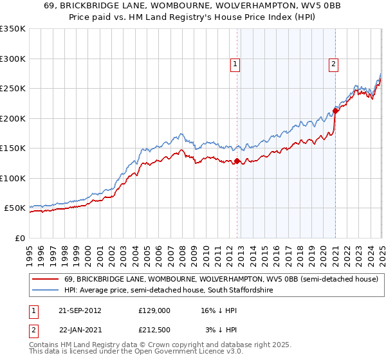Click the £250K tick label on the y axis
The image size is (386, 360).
point(13,89)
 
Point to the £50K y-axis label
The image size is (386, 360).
point(15,208)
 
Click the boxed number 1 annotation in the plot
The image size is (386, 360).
point(235,64)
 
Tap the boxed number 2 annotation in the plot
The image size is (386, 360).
point(335,64)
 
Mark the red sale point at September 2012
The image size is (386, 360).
point(237,161)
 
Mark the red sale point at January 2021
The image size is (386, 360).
point(335,111)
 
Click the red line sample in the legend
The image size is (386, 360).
point(46,280)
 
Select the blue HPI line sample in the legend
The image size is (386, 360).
point(46,291)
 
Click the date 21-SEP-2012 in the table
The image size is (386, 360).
point(80,310)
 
